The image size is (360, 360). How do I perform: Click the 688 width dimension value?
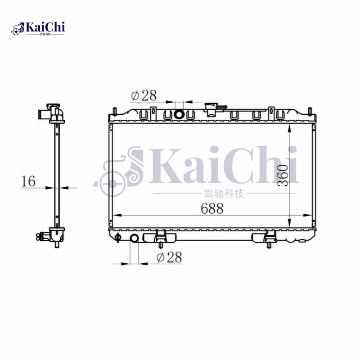click(211, 208)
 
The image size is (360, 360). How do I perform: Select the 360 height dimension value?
click(282, 175)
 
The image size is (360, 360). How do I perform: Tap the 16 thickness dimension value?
click(28, 181)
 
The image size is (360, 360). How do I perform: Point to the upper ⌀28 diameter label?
click(144, 95)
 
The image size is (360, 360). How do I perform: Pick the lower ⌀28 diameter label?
click(169, 257)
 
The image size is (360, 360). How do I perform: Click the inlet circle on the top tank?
click(179, 115)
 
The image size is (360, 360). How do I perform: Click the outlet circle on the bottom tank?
click(135, 238)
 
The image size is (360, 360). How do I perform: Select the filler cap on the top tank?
click(211, 108)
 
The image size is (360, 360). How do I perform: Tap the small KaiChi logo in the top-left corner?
click(39, 28)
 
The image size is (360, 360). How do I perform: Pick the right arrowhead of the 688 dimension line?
click(310, 215)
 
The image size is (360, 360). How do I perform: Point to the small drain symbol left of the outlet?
click(118, 237)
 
